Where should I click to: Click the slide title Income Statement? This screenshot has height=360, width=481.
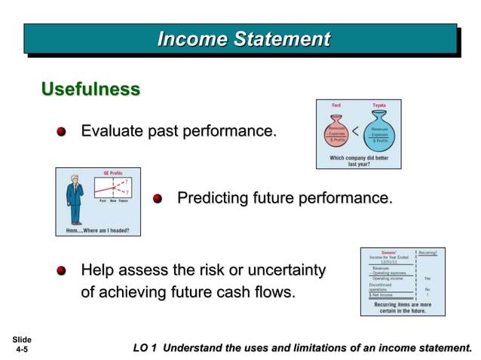pos(243,38)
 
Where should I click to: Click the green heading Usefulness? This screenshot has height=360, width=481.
pos(90,90)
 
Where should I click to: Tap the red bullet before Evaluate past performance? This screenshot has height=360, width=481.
pos(63,133)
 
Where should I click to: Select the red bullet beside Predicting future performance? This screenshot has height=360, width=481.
pos(158,199)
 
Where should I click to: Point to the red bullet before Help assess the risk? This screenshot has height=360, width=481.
pos(63,270)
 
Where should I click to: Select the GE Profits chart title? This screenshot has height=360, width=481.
pos(113,173)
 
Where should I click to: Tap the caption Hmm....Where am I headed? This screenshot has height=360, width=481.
pos(97,230)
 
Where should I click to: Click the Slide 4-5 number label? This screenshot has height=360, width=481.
pos(21,344)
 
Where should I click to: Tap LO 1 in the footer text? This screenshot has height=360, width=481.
pos(145,347)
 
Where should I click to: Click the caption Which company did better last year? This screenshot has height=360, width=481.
pos(358,160)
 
